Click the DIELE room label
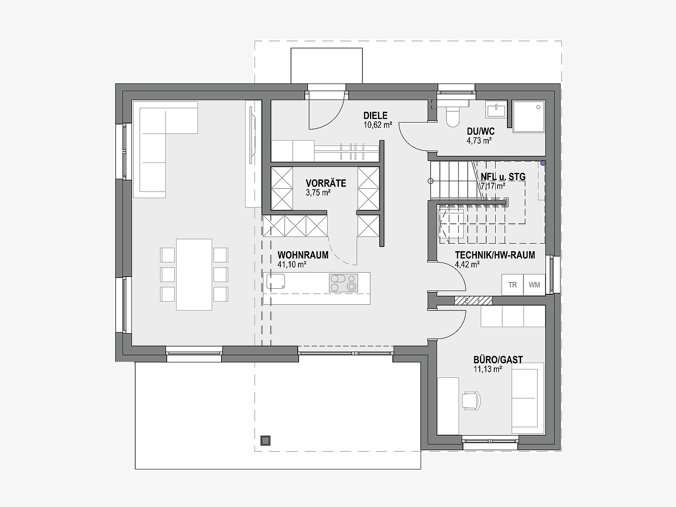tap(376, 116)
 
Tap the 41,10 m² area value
tap(292, 264)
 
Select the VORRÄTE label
tap(326, 184)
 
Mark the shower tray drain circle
tap(538, 107)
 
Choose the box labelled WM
tap(534, 285)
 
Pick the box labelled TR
tap(513, 285)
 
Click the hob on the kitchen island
tap(343, 283)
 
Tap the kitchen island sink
tap(276, 281)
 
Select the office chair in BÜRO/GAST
tap(471, 400)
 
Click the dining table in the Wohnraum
tap(194, 274)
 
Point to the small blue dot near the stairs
tap(543, 163)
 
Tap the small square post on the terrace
tap(265, 440)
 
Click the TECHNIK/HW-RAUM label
tap(495, 255)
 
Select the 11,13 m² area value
tap(488, 369)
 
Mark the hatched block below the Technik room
tap(473, 300)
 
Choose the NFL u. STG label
tap(503, 177)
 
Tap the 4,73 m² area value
tap(479, 141)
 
